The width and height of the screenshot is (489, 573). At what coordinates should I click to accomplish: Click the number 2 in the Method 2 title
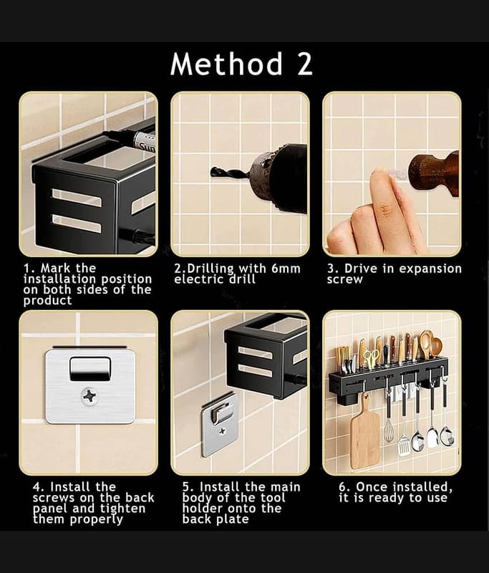[x=304, y=64]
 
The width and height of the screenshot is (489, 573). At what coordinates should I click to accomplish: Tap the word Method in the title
[x=226, y=64]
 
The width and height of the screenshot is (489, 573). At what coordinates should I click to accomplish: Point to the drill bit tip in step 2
[x=212, y=171]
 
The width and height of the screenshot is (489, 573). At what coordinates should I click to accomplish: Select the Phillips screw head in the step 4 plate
[x=89, y=397]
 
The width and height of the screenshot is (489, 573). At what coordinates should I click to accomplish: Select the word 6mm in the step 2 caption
[x=286, y=269]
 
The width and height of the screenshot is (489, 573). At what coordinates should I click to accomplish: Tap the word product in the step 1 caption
[x=47, y=301]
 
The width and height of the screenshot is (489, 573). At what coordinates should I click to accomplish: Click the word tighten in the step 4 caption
[x=123, y=509]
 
